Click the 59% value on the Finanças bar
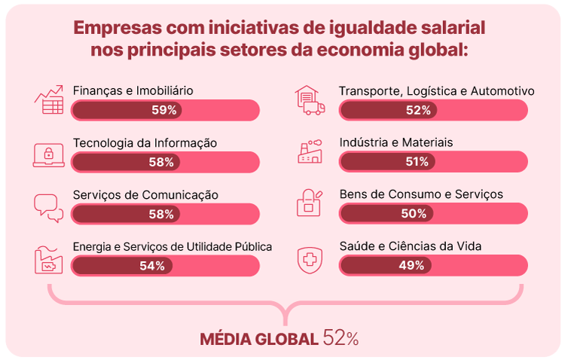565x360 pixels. point(163,110)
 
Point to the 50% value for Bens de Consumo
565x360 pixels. point(414,213)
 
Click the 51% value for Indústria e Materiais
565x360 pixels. point(416,161)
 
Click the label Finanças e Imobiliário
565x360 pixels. point(133,90)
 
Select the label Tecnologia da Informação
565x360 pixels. point(145,142)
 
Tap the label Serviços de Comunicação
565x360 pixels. point(145,194)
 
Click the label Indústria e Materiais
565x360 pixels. point(396,142)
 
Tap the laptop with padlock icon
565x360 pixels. point(49,154)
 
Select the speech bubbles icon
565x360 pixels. point(49,206)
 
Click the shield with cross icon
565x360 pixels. point(310,258)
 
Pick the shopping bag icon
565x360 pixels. point(310,204)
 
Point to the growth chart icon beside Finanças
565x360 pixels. point(49,101)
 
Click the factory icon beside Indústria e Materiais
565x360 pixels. point(310,153)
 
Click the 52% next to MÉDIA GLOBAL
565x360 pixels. point(341,338)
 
